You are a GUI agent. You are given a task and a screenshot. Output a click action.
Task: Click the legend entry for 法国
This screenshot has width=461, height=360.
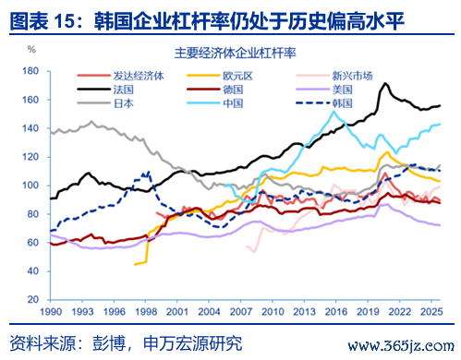coord(105,90)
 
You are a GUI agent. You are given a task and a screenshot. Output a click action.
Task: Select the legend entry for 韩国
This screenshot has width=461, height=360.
coord(324,103)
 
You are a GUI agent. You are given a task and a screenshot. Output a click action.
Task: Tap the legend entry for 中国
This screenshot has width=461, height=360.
coord(215,103)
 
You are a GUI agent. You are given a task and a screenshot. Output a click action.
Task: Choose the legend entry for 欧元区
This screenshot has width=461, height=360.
coord(220,76)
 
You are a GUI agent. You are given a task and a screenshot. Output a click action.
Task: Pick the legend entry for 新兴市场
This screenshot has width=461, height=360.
coord(334,76)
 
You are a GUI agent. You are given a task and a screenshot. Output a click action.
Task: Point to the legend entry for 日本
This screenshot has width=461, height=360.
coord(105,103)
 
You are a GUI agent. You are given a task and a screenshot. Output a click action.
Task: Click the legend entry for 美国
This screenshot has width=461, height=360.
coord(324,90)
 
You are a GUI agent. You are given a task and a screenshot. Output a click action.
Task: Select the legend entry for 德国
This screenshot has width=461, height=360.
coord(215,90)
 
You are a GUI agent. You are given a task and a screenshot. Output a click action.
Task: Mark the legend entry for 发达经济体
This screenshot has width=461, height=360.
coord(121,76)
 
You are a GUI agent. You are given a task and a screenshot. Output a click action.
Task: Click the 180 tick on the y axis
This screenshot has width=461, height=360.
coord(30,71)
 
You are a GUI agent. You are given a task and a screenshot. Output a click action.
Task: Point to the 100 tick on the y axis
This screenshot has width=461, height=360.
coord(30,186)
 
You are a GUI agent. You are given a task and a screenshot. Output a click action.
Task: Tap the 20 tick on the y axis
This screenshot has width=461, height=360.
coord(33,299)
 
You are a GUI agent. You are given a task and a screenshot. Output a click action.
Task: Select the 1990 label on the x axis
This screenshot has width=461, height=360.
coord(51,312)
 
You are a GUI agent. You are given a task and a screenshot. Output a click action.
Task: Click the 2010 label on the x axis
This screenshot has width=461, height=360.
coord(273,312)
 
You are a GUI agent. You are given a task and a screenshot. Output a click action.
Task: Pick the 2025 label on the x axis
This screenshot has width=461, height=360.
coord(431,312)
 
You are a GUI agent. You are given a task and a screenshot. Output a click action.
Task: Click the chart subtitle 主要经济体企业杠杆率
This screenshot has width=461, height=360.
coord(236,53)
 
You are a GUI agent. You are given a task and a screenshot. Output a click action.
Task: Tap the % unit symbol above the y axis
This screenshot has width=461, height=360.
coord(31,49)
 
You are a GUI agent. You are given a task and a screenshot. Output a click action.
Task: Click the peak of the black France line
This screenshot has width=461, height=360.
coord(385,83)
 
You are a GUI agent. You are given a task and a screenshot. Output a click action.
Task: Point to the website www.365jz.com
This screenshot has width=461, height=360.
coord(401,346)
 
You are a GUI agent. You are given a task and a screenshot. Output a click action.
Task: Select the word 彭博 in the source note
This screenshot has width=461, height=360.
coord(109,343)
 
